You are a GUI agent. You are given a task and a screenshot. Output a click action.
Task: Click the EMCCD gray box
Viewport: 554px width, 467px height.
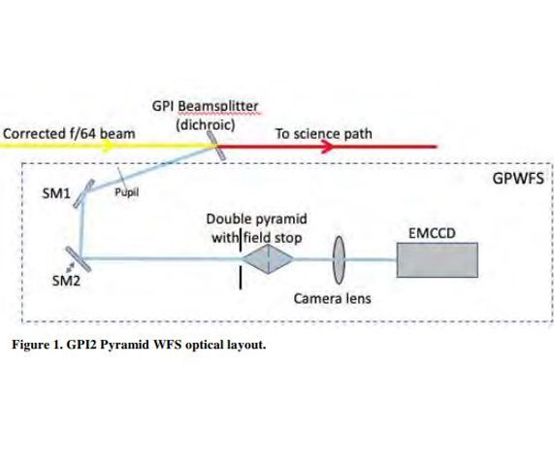click(438, 259)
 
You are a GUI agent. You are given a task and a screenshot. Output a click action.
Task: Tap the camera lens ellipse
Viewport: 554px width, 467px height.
click(340, 259)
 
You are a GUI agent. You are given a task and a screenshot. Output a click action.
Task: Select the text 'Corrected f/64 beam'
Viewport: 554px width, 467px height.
click(70, 132)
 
